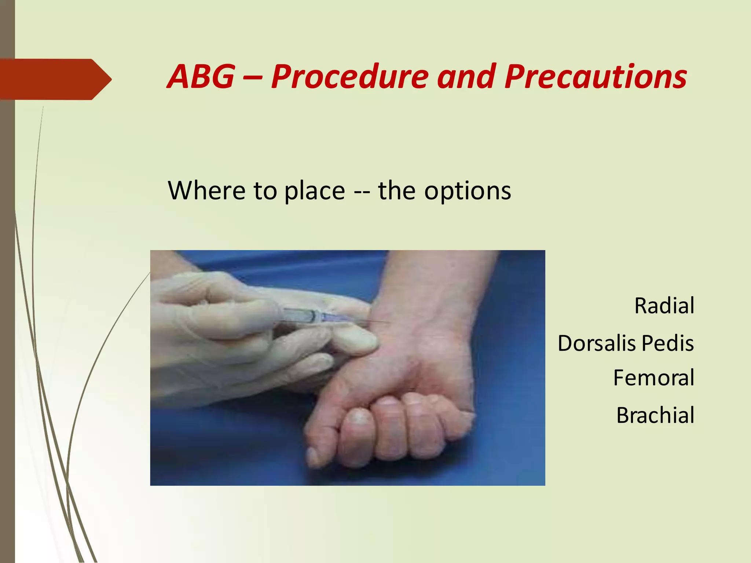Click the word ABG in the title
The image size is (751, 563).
click(x=201, y=77)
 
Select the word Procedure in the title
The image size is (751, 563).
click(x=349, y=77)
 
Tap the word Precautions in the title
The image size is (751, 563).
click(x=595, y=77)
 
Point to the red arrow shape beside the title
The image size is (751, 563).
click(x=55, y=79)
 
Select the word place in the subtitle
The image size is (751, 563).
click(x=315, y=191)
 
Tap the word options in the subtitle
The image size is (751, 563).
click(x=468, y=191)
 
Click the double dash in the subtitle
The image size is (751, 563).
click(x=361, y=191)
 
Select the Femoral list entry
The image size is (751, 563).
click(x=653, y=378)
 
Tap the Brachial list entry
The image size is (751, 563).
click(x=655, y=415)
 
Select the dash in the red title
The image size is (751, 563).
click(x=252, y=77)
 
